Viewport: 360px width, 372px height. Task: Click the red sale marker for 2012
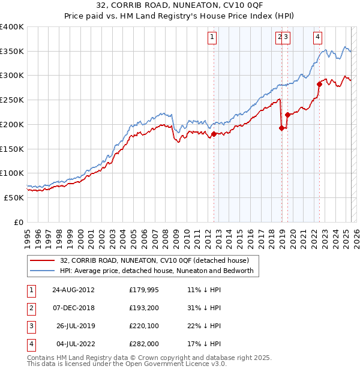214,134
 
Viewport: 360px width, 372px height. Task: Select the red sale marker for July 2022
319,85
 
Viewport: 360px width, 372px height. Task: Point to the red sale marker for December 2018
282,127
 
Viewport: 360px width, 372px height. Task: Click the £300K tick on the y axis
13,76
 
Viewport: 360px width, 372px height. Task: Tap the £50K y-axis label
15,197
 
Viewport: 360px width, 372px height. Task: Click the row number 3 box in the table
31,326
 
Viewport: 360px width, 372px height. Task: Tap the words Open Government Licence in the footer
163,364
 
